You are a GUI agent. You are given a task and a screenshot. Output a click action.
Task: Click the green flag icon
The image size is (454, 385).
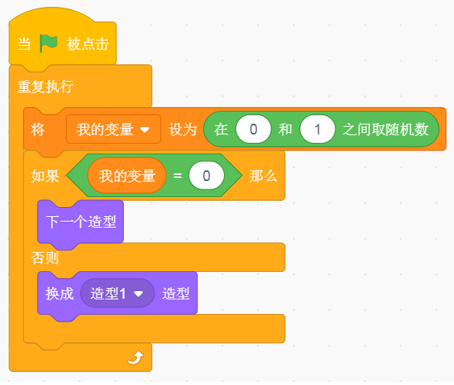pos(48,44)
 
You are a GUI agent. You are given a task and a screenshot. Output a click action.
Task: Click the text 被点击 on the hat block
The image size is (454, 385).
pos(88,44)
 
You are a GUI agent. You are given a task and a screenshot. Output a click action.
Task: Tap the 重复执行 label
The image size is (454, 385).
pos(45,86)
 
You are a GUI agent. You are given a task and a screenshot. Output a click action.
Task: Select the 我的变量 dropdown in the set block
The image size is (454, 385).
pos(113,129)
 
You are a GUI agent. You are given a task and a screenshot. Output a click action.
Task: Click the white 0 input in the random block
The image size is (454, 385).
pos(253,129)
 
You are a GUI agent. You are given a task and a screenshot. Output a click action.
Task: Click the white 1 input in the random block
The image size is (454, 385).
pos(318,129)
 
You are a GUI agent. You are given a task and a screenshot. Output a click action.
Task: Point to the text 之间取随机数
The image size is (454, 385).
pos(385,129)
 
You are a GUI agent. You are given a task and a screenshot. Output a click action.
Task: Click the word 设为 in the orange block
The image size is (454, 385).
pos(183,129)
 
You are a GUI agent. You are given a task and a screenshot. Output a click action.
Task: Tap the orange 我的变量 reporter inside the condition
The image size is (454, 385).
pos(127,176)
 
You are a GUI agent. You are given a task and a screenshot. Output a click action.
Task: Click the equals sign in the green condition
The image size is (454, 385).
pos(177,176)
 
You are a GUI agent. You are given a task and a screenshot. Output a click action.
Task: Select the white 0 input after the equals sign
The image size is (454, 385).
pos(206,176)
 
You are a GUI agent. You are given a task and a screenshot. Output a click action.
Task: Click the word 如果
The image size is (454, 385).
pos(45,176)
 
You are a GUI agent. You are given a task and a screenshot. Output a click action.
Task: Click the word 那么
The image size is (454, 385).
pos(263,176)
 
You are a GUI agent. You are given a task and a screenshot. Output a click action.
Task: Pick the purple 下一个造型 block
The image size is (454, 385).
pos(80,222)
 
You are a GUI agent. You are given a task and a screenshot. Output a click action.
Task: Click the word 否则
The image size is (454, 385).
pos(45,257)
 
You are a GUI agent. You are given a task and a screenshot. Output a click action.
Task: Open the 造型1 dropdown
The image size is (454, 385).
pos(117,293)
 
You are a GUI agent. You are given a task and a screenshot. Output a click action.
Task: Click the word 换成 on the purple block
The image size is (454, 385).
pos(60,293)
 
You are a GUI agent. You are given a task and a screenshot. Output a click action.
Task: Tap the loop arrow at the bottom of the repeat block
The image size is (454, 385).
pos(135,357)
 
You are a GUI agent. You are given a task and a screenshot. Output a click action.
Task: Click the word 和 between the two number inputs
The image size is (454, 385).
pos(286,129)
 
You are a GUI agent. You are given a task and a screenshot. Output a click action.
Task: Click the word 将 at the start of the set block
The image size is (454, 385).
pos(38,129)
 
